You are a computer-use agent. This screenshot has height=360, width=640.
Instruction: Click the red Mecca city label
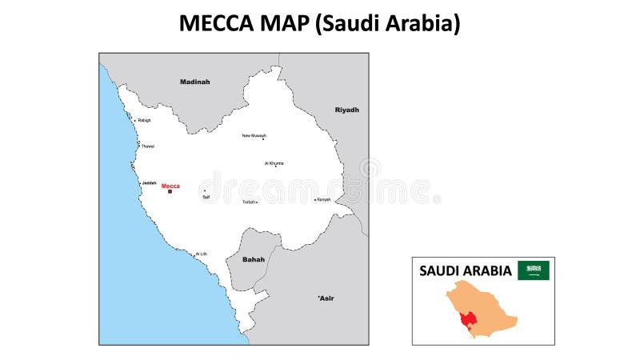pyautogui.click(x=170, y=186)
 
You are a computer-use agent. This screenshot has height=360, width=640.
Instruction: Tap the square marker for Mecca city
pyautogui.click(x=170, y=191)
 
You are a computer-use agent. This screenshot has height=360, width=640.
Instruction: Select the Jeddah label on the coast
pyautogui.click(x=149, y=183)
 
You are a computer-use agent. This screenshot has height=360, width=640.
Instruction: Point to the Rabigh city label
pyautogui.click(x=144, y=121)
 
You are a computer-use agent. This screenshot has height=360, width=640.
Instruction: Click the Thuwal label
pyautogui.click(x=148, y=146)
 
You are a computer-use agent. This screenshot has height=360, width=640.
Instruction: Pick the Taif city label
pyautogui.click(x=206, y=197)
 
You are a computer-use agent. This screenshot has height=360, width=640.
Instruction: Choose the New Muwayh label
pyautogui.click(x=254, y=136)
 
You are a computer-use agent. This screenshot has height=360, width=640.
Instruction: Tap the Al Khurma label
pyautogui.click(x=274, y=163)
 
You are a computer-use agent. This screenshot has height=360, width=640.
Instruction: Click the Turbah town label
pyautogui.click(x=249, y=202)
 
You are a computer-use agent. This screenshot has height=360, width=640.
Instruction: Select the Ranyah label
pyautogui.click(x=324, y=199)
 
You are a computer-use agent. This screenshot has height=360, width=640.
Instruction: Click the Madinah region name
pyautogui.click(x=194, y=82)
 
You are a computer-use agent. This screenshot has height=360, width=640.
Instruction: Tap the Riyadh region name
pyautogui.click(x=347, y=110)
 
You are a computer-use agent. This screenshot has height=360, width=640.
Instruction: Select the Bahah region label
pyautogui.click(x=253, y=259)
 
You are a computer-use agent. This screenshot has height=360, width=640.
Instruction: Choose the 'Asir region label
pyautogui.click(x=326, y=298)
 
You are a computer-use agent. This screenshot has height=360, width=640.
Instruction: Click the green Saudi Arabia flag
pyautogui.click(x=534, y=270)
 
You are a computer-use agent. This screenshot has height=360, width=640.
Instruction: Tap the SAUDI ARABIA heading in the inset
pyautogui.click(x=466, y=270)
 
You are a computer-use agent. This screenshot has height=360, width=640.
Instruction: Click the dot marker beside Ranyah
pyautogui.click(x=315, y=199)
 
